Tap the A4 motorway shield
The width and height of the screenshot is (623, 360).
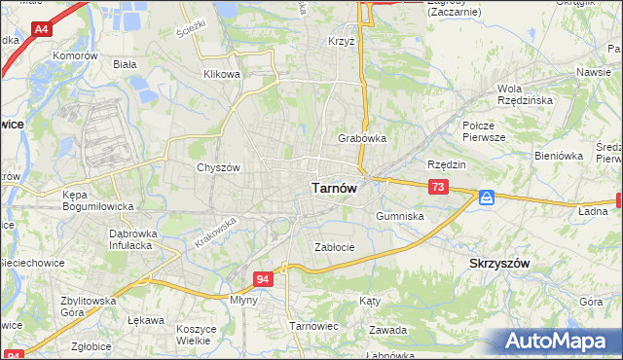tap(42, 30)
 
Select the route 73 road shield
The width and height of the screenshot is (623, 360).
tap(439, 187)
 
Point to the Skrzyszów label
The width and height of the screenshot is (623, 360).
tap(498, 265)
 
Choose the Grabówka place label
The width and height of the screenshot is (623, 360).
tap(362, 138)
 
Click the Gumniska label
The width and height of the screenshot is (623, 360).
tap(399, 216)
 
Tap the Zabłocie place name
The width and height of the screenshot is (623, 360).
tap(334, 247)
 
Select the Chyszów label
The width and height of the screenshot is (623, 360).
tap(218, 167)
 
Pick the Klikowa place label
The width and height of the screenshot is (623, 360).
tap(221, 74)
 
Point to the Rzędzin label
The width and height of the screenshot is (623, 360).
tap(447, 164)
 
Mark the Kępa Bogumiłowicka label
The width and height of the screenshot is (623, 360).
tap(82, 199)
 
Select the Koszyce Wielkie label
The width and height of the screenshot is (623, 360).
tap(196, 336)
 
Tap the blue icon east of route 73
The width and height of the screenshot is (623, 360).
tap(487, 198)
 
